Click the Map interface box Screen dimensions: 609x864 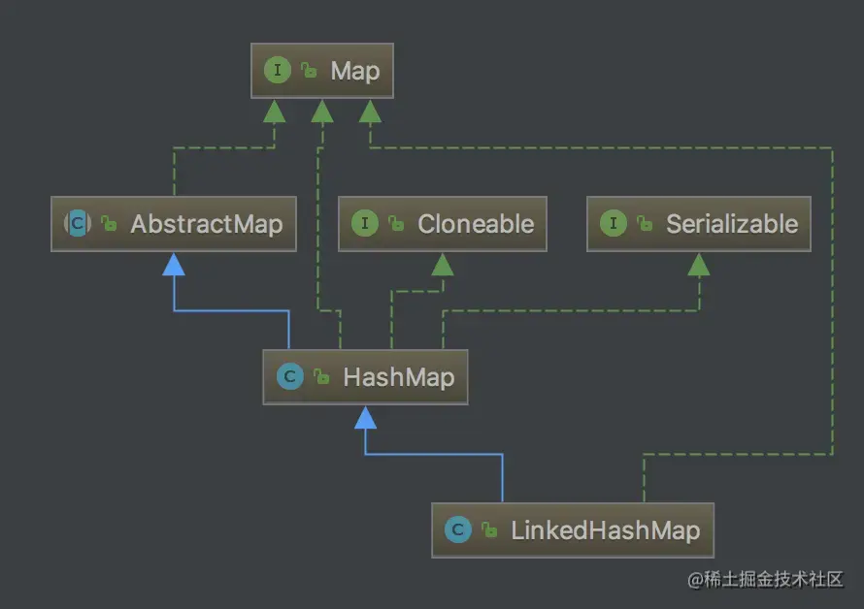321,71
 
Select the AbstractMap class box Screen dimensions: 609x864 173,224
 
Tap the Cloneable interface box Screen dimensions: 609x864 442,224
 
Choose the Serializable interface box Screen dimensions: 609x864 697,224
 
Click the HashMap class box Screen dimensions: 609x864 365,377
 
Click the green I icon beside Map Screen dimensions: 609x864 277,71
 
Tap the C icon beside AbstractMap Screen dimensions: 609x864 77,224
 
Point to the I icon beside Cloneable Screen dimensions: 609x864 364,224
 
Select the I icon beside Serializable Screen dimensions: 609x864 613,224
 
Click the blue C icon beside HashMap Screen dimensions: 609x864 289,377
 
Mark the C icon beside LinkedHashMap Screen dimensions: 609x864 457,530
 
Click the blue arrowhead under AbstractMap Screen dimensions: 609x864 174,264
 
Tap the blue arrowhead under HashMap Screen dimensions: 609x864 365,417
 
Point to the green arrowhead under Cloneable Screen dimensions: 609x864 442,264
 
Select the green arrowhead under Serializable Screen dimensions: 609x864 698,264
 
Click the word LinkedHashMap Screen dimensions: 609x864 605,530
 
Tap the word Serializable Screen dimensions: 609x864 731,224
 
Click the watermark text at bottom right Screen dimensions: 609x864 766,580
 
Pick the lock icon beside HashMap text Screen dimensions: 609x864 321,378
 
